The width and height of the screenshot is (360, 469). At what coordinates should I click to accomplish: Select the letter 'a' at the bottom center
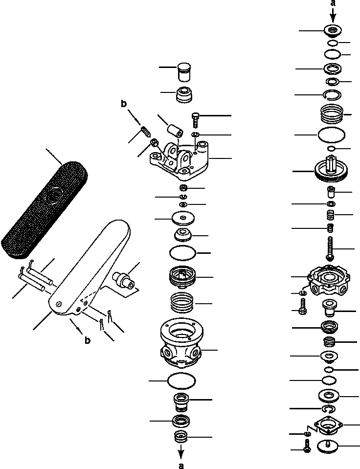181,465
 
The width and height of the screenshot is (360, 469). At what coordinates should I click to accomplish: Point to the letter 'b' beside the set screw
124,104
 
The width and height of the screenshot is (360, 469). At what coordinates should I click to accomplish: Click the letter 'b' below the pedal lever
87,340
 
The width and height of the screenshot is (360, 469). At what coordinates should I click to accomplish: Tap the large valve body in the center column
181,345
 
